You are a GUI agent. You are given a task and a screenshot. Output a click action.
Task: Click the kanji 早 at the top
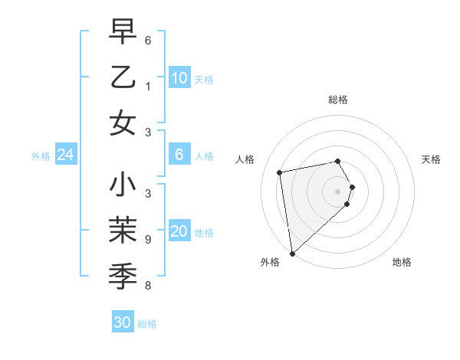[x=123, y=32]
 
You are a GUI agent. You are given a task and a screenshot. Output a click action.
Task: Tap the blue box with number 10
[x=179, y=77]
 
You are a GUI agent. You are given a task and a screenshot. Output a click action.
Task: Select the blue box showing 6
[x=179, y=155]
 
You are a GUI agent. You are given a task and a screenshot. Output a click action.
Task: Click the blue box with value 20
[x=179, y=232]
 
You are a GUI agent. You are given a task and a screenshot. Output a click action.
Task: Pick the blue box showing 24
[x=65, y=155]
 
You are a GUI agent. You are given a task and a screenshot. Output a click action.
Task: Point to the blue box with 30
[x=123, y=322]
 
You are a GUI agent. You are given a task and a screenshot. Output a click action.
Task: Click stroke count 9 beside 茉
[x=147, y=240]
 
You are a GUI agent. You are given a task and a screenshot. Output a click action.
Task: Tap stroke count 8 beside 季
[x=147, y=286]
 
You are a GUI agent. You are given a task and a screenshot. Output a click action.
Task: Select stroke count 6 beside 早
[x=147, y=39]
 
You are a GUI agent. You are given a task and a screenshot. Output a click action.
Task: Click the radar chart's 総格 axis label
[x=337, y=100]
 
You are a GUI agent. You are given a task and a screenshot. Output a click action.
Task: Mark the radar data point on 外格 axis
[x=292, y=253]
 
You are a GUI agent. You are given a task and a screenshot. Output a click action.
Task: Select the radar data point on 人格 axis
[x=280, y=172]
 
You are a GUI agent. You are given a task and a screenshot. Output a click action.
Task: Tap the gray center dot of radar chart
[x=337, y=191]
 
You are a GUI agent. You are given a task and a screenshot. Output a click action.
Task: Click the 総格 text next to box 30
[x=147, y=324]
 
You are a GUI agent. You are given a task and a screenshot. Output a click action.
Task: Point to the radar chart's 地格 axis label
[x=402, y=262]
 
